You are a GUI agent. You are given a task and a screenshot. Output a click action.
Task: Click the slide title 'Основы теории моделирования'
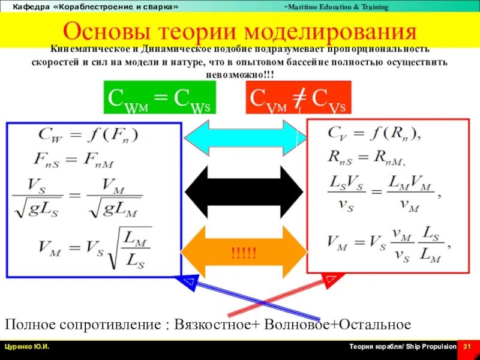[239, 31]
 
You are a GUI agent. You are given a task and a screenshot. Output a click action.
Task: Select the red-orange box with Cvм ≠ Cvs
[298, 97]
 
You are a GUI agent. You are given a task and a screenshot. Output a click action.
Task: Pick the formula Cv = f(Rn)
[373, 133]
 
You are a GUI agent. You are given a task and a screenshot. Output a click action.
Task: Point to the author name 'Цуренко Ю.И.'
[28, 347]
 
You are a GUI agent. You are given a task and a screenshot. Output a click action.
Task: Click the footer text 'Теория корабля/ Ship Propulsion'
[403, 347]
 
